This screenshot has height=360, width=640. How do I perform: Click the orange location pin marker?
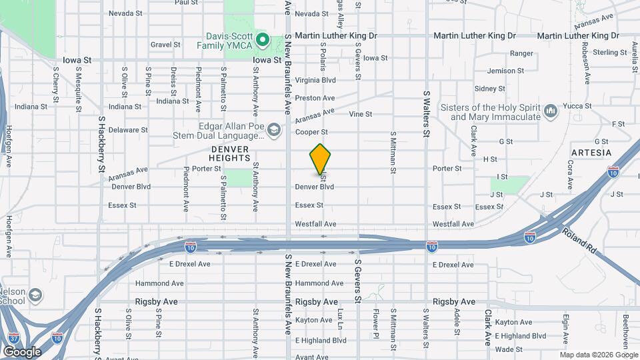coord(321,159)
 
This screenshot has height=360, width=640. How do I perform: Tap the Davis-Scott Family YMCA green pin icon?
coord(263,41)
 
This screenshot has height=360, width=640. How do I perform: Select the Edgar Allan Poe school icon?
coord(273,129)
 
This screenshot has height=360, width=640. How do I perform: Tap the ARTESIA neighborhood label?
coord(591,153)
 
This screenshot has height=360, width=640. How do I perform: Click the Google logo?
coord(22,351)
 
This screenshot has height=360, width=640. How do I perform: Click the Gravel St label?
coord(165,45)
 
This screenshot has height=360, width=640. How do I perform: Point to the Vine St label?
coord(361,114)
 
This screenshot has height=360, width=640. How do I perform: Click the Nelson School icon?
coord(35,295)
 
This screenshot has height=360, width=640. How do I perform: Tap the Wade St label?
coord(509,349)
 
